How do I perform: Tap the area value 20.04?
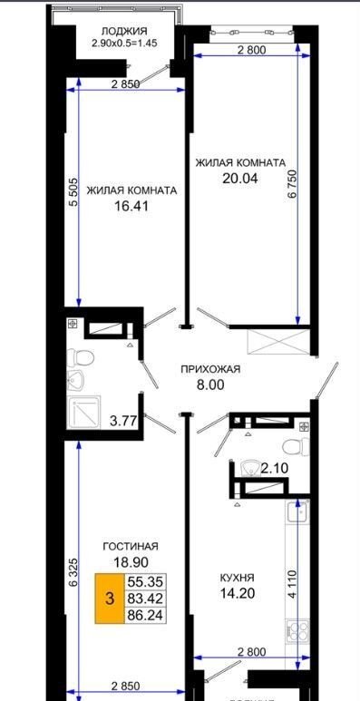point(240,179)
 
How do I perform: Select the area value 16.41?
point(131,206)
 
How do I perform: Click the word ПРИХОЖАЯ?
point(210,369)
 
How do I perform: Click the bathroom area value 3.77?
point(124,420)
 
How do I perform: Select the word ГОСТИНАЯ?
point(131,547)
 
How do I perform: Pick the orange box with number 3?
point(110,599)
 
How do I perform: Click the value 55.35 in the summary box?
point(145,582)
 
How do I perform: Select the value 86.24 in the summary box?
point(145,615)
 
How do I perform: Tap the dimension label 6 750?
point(293,183)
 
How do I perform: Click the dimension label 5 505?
point(73,191)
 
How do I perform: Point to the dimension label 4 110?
point(292,583)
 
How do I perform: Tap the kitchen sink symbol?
point(297,512)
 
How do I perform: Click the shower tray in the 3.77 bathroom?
point(83,412)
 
